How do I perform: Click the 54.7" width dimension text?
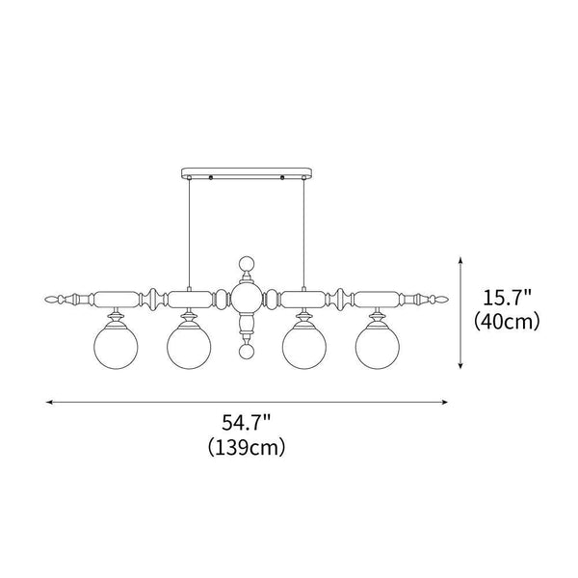click(x=247, y=423)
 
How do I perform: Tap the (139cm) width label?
click(x=247, y=448)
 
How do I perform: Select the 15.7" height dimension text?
click(x=507, y=298)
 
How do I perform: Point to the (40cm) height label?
click(x=507, y=322)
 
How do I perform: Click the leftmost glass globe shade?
click(x=116, y=347)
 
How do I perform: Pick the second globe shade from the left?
click(x=189, y=347)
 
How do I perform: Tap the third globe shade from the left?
click(x=304, y=347)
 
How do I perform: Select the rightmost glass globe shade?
click(x=377, y=347)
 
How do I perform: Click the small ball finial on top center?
click(x=247, y=264)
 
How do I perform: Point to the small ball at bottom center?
click(x=247, y=352)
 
